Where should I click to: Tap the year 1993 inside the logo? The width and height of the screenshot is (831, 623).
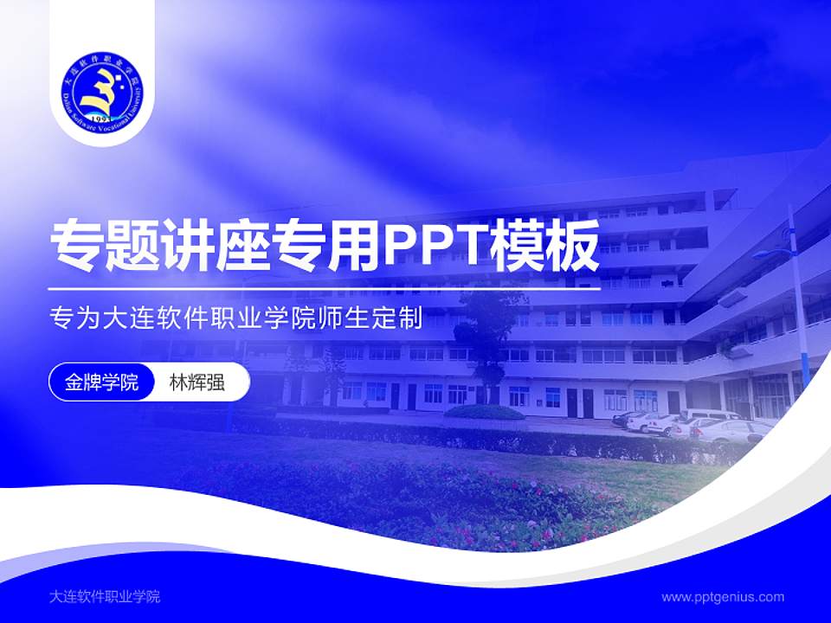pyautogui.click(x=100, y=118)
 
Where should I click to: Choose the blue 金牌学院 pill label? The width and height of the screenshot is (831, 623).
pyautogui.click(x=101, y=382)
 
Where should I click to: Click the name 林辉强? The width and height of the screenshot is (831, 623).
pyautogui.click(x=197, y=382)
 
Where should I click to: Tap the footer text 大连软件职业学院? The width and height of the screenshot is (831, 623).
pyautogui.click(x=105, y=596)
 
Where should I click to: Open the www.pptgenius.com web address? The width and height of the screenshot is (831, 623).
pyautogui.click(x=723, y=596)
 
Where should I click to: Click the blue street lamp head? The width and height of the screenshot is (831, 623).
pyautogui.click(x=767, y=254)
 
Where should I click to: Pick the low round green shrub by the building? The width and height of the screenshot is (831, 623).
pyautogui.click(x=485, y=412)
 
